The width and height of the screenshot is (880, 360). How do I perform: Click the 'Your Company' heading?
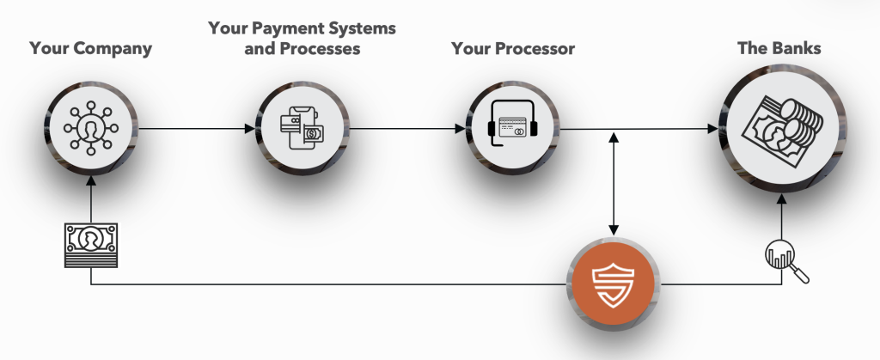pyautogui.click(x=91, y=49)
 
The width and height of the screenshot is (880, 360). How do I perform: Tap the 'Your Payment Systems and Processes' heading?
pyautogui.click(x=302, y=38)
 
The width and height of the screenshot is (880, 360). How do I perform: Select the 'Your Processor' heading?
pyautogui.click(x=513, y=49)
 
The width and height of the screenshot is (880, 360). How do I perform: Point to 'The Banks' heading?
pyautogui.click(x=779, y=47)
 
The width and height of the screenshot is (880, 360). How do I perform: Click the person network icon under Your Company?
pyautogui.click(x=90, y=128)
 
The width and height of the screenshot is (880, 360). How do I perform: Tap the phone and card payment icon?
pyautogui.click(x=302, y=129)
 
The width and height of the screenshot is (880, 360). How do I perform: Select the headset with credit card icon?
pyautogui.click(x=512, y=123)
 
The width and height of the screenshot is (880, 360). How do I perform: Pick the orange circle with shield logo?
pyautogui.click(x=614, y=284)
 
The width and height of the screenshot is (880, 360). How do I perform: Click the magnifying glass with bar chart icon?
pyautogui.click(x=786, y=261)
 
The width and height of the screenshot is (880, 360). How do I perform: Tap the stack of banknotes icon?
pyautogui.click(x=91, y=245)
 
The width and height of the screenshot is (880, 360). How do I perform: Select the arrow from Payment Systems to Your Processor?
pyautogui.click(x=406, y=129)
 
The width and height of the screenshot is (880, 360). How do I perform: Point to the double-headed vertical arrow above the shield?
pyautogui.click(x=614, y=183)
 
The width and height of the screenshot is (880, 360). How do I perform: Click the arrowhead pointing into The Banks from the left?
pyautogui.click(x=712, y=129)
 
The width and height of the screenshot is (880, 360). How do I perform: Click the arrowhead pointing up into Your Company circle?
pyautogui.click(x=91, y=180)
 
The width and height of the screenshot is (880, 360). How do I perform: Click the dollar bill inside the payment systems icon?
pyautogui.click(x=313, y=134)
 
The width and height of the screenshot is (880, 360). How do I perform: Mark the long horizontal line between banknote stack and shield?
pyautogui.click(x=329, y=284)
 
